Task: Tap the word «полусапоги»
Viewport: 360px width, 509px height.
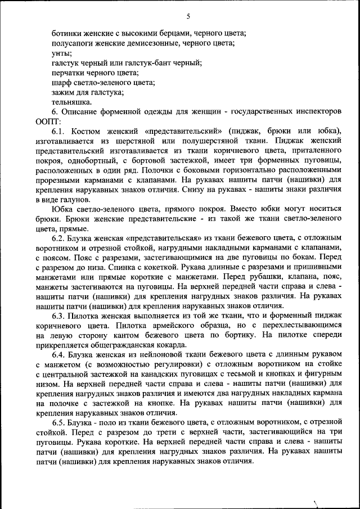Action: (72, 43)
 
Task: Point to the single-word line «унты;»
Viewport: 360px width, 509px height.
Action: (61, 53)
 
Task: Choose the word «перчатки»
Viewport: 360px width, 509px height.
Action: (69, 73)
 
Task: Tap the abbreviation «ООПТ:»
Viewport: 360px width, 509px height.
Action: (47, 121)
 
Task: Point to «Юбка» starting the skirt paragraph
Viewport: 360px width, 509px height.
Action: (61, 209)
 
